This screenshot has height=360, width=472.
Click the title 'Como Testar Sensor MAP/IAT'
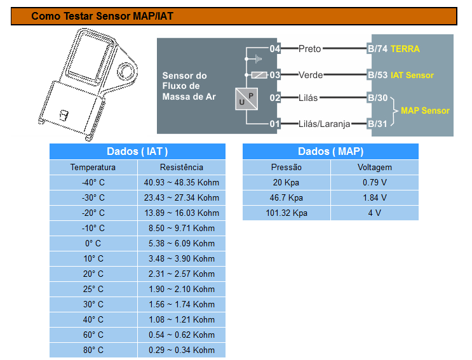point(102,16)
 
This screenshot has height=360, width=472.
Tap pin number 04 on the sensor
point(274,49)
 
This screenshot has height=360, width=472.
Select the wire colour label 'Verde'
point(311,75)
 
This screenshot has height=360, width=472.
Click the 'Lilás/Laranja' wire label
point(324,124)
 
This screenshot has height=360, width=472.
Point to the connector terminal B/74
point(377,49)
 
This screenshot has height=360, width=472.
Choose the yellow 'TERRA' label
point(405,49)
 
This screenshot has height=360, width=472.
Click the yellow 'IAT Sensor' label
point(412,75)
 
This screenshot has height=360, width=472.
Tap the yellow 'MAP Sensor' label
point(425,110)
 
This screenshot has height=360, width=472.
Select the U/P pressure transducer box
point(246,98)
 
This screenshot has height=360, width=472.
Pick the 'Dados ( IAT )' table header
point(137,152)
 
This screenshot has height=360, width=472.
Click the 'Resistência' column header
point(182,168)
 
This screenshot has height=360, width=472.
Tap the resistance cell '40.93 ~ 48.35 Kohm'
point(182,183)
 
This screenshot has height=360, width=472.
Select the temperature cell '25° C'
point(93,289)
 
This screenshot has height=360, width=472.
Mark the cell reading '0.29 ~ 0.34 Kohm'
point(182,350)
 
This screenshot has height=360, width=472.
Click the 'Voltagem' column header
point(374,168)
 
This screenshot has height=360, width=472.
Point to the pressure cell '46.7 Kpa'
point(287,198)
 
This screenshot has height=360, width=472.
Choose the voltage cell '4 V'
point(374,213)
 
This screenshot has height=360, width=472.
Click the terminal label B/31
point(377,124)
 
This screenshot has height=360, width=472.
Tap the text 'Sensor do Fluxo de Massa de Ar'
point(189,86)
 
